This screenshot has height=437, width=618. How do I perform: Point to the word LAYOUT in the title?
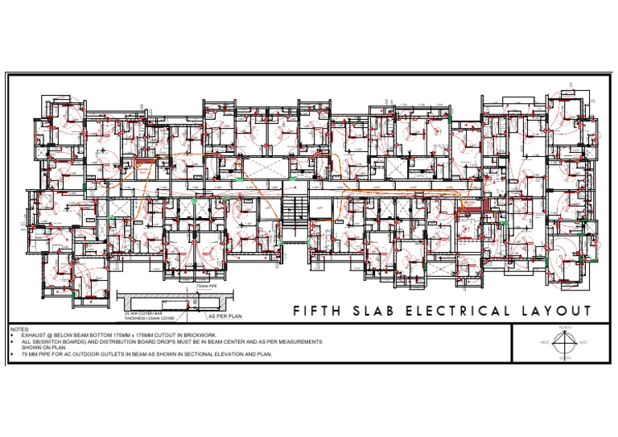click(x=561, y=311)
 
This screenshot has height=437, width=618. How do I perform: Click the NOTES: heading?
click(x=19, y=329)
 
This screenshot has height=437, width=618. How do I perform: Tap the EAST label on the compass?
click(x=595, y=343)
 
